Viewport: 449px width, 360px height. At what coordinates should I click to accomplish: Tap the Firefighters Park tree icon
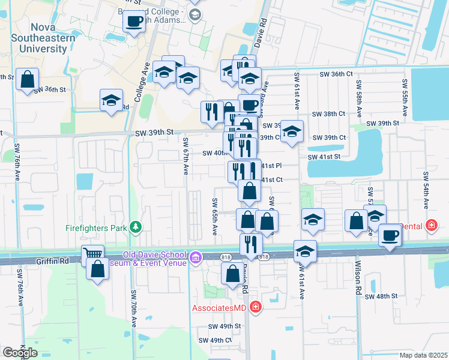[136, 227]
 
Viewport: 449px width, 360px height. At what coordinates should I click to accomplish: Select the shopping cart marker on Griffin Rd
[92, 255]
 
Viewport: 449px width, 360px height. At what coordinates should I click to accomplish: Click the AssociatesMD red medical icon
[256, 308]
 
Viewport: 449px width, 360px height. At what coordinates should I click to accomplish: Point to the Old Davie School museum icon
[194, 258]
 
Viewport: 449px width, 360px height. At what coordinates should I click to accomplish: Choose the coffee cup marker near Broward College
[134, 22]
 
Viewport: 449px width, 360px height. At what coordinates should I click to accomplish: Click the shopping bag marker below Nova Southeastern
[27, 79]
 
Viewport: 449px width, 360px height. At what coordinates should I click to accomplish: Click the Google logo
[20, 353]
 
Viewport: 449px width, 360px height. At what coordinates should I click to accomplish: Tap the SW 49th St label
[224, 326]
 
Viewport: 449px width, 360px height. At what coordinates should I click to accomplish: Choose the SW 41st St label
[324, 157]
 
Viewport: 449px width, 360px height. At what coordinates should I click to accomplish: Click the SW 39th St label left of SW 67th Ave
[154, 132]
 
